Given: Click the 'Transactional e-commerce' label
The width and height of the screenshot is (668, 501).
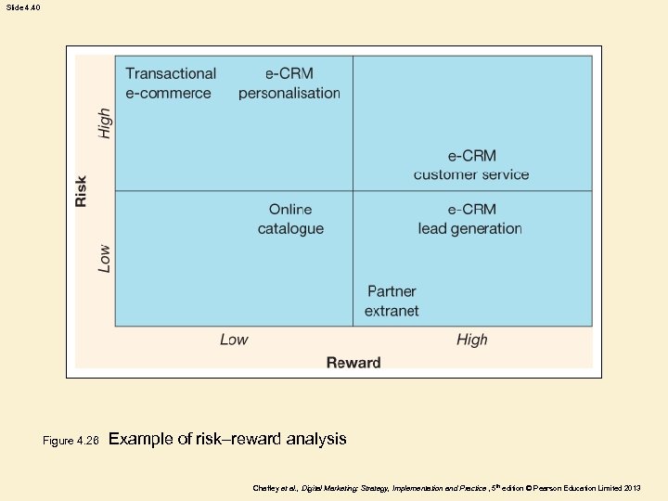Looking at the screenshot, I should click(171, 83).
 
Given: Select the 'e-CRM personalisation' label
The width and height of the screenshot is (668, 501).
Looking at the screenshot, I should click(289, 83).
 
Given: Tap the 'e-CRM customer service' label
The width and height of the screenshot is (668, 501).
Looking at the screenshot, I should click(471, 165).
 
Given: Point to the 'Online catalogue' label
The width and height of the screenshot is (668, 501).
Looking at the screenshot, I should click(290, 219).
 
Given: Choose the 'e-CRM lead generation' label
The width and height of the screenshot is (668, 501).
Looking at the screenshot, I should click(470, 219).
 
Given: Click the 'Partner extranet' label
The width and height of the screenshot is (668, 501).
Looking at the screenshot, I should click(392, 302).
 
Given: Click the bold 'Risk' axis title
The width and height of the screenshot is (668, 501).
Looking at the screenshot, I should click(82, 191).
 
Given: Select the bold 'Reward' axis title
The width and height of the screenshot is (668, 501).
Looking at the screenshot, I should click(353, 363).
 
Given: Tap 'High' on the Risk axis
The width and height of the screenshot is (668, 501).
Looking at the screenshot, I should click(105, 123).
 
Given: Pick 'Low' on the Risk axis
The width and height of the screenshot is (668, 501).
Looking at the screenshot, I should click(105, 258).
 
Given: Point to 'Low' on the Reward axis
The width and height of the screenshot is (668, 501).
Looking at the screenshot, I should click(234, 340).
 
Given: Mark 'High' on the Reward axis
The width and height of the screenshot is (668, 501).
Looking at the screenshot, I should click(471, 340).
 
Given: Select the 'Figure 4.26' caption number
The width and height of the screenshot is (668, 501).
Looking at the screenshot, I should click(71, 441).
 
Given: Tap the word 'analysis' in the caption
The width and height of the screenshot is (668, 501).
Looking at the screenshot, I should click(316, 439).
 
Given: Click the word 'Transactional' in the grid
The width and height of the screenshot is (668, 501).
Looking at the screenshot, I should click(171, 73).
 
